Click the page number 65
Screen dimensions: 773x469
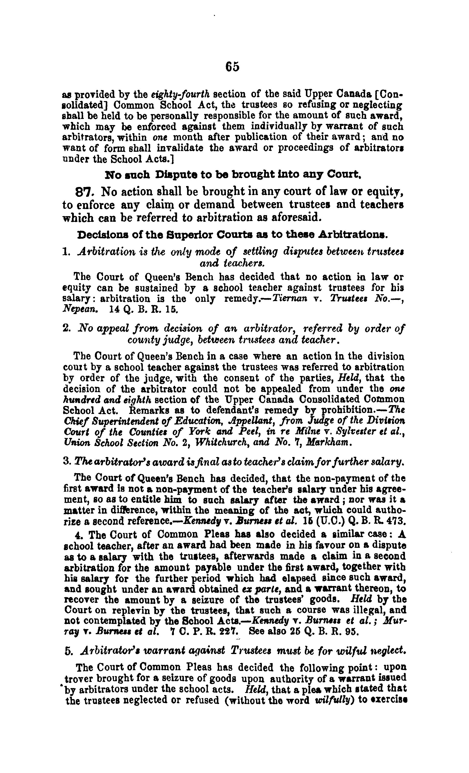click(x=232, y=67)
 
